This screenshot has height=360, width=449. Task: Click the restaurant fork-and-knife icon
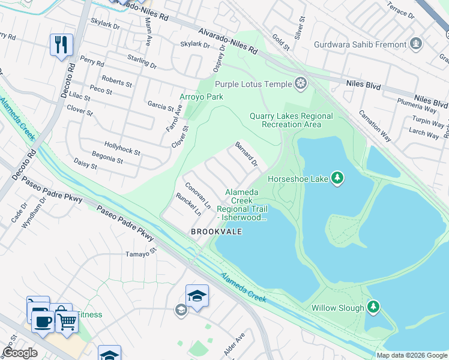coord(61,45)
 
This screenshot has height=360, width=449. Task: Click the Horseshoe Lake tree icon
coord(338,178)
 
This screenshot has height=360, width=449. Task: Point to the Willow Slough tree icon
coord(373,308)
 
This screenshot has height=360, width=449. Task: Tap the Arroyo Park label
coord(201,97)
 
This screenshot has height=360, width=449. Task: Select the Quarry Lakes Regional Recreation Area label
coord(291,120)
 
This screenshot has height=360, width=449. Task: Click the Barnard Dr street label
coord(246,154)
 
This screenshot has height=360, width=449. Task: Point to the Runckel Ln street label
coord(188,205)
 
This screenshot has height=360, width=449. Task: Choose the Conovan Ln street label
coord(197,195)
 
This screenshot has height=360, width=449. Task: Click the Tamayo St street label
coord(140,253)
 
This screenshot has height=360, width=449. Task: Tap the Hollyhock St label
coord(122,149)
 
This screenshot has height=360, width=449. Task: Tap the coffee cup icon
coord(42,320)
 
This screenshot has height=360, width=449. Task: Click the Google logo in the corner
coord(20,352)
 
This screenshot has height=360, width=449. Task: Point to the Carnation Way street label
coord(375,126)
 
